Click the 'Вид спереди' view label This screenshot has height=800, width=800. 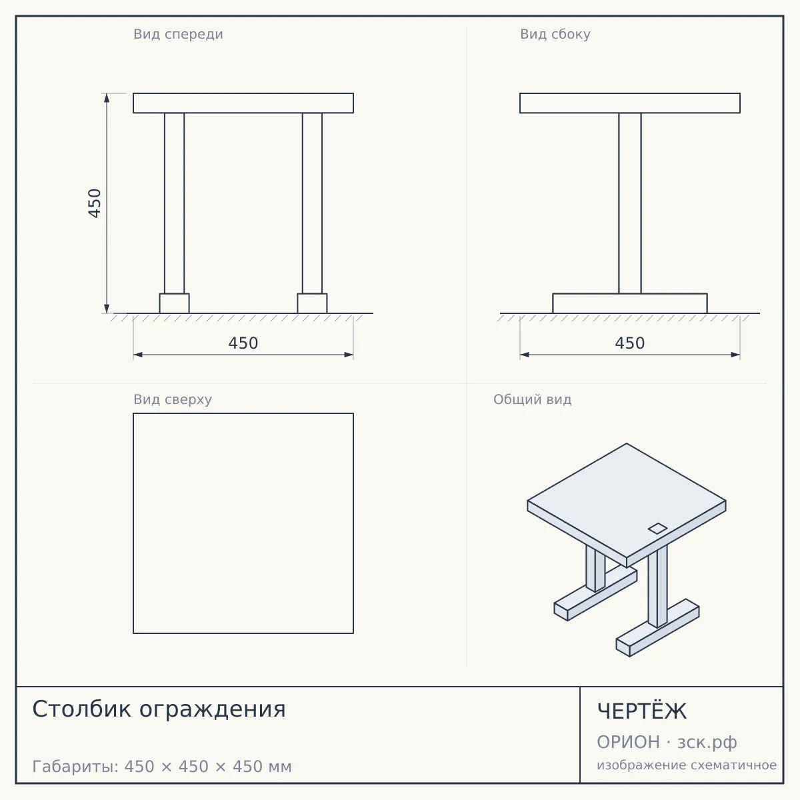[x=178, y=34]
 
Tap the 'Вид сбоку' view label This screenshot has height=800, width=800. [x=555, y=34]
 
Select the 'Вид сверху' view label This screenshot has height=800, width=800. [x=172, y=399]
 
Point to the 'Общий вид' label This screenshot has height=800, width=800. [x=532, y=399]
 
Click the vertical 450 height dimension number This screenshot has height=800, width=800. [x=95, y=203]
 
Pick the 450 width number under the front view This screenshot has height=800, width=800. [x=243, y=343]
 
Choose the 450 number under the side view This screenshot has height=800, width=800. [x=629, y=343]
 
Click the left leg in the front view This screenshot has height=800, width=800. [x=175, y=203]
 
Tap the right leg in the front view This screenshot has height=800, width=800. [x=312, y=203]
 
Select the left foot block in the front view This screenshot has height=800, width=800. [x=175, y=303]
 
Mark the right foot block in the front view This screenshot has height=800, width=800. [x=312, y=303]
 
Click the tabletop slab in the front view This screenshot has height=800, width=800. [x=243, y=103]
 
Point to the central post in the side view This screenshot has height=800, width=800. [x=630, y=203]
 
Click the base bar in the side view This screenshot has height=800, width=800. [x=630, y=303]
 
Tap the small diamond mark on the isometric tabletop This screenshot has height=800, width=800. [x=657, y=529]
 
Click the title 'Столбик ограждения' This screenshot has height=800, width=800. [x=159, y=709]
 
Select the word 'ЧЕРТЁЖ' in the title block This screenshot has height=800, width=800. [x=642, y=711]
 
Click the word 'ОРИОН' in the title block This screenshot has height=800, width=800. [x=628, y=742]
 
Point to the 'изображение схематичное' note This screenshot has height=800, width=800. [x=687, y=765]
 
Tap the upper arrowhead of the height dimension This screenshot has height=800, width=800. [x=107, y=97]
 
